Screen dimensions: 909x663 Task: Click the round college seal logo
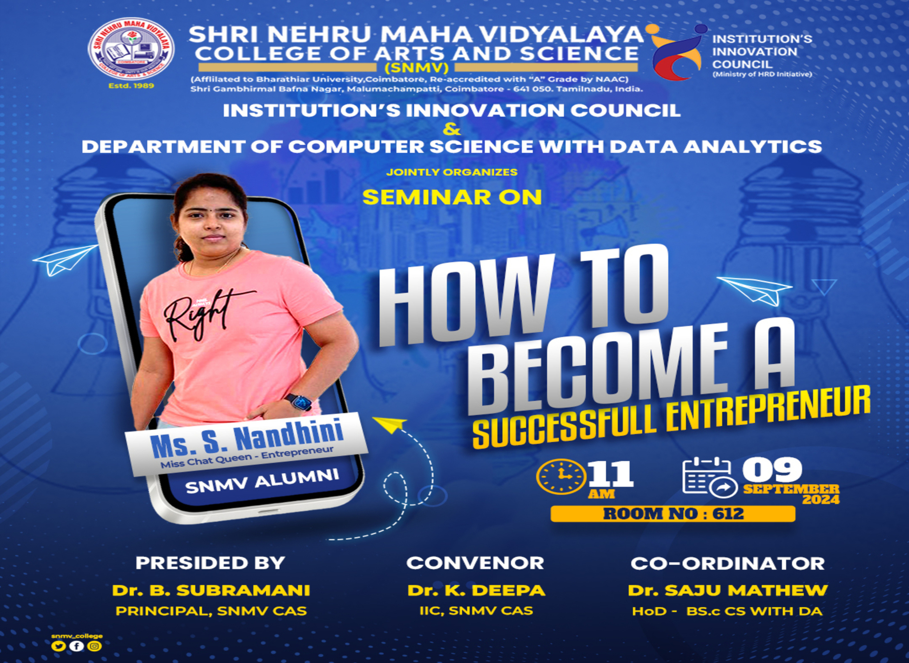pyautogui.click(x=131, y=50)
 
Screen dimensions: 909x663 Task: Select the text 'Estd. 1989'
pyautogui.click(x=131, y=85)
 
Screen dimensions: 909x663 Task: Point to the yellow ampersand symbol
pyautogui.click(x=452, y=129)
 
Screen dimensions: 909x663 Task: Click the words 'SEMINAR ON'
pyautogui.click(x=452, y=197)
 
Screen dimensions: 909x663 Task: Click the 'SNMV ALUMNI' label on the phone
pyautogui.click(x=262, y=481)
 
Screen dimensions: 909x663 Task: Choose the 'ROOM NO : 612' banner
pyautogui.click(x=673, y=514)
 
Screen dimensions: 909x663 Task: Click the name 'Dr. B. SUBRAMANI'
pyautogui.click(x=211, y=590)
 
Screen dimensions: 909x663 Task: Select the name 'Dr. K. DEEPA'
pyautogui.click(x=476, y=590)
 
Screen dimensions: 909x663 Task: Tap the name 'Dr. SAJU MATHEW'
pyautogui.click(x=728, y=590)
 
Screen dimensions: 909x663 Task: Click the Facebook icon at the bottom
pyautogui.click(x=77, y=646)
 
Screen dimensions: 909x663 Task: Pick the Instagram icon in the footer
pyautogui.click(x=95, y=646)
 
